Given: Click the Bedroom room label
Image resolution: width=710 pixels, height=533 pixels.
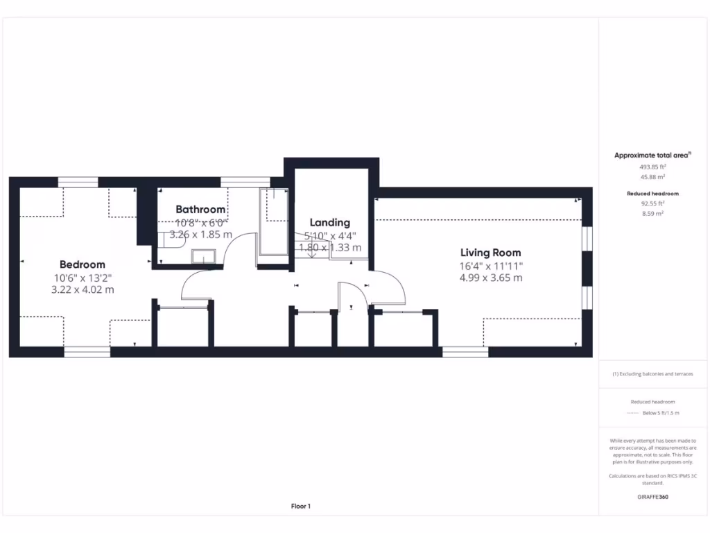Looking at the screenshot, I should pyautogui.click(x=83, y=264).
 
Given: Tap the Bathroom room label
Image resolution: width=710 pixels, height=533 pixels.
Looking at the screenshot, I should pyautogui.click(x=200, y=209).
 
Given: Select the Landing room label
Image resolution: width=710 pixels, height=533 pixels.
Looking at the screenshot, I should pyautogui.click(x=330, y=223).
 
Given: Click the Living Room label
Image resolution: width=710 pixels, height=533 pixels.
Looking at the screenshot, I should pyautogui.click(x=491, y=253).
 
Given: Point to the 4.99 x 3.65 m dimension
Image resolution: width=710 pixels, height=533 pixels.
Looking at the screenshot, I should pyautogui.click(x=491, y=278).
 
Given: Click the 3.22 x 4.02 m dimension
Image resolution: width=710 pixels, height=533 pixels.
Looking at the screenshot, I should pyautogui.click(x=83, y=289).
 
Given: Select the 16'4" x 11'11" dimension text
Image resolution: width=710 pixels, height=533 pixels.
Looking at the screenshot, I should pyautogui.click(x=491, y=266).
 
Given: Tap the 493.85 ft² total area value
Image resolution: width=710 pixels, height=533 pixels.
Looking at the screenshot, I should pyautogui.click(x=652, y=167).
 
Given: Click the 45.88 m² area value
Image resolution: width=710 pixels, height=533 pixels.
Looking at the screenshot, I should pyautogui.click(x=652, y=176).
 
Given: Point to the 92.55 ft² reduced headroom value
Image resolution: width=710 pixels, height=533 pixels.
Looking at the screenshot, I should pyautogui.click(x=652, y=203).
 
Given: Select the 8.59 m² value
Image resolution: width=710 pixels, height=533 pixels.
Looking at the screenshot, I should pyautogui.click(x=652, y=214).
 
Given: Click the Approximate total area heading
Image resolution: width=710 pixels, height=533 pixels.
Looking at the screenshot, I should pyautogui.click(x=652, y=155).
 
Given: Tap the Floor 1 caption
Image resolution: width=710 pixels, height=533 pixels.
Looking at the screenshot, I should pyautogui.click(x=301, y=507).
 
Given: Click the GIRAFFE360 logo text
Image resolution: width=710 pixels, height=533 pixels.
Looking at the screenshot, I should pyautogui.click(x=652, y=497).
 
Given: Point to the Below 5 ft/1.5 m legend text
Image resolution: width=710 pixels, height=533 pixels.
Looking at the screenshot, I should pyautogui.click(x=661, y=413).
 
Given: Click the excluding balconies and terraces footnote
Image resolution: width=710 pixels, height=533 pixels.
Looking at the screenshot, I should pyautogui.click(x=652, y=374).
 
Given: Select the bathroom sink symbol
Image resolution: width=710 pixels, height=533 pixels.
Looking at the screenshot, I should pyautogui.click(x=204, y=257).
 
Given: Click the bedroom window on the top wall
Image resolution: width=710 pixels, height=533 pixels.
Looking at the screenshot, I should pyautogui.click(x=78, y=182).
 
